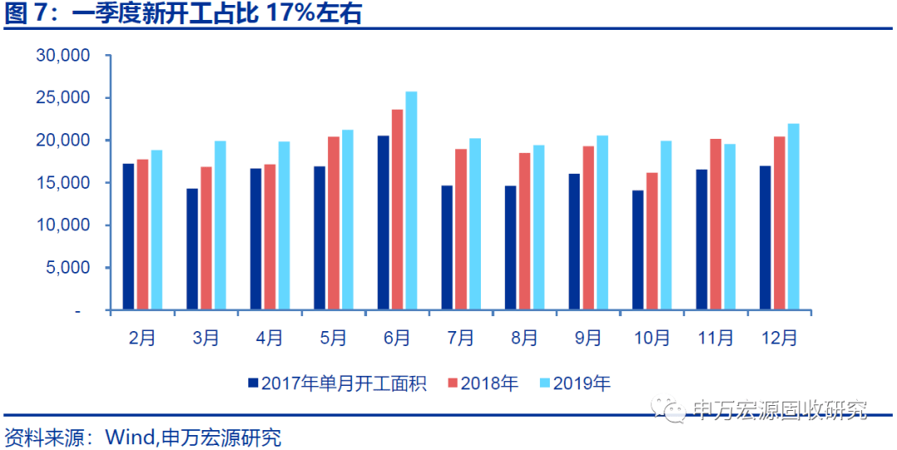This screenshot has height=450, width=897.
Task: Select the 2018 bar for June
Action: (397, 210)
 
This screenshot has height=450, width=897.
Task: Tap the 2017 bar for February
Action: (128, 237)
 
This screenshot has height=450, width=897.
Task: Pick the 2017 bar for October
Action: (638, 250)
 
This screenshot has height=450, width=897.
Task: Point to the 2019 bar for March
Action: (220, 225)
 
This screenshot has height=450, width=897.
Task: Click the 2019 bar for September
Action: (602, 223)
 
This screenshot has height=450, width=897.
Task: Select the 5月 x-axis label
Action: (333, 338)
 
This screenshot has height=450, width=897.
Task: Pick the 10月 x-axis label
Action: (652, 338)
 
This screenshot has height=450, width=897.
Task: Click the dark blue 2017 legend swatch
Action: (252, 383)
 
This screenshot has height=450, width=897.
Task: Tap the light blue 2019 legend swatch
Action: (544, 383)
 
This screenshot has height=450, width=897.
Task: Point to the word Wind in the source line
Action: (129, 438)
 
